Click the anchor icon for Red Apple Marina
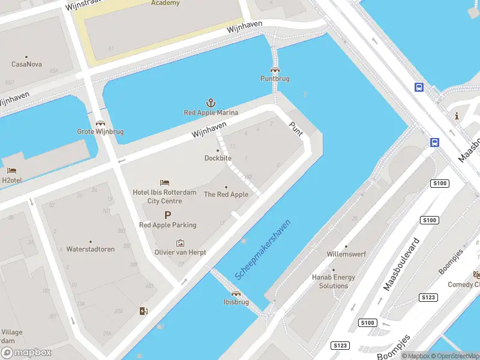click(211, 103)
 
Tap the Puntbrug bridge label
click(275, 79)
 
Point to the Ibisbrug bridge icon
click(236, 294)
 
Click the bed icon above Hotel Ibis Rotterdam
click(164, 182)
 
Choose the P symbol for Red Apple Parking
click(167, 215)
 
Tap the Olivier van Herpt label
click(180, 253)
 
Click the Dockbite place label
click(218, 158)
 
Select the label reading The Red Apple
click(226, 194)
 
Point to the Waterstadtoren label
click(91, 249)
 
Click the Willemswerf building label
click(346, 254)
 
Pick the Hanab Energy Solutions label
click(334, 281)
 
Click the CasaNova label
click(27, 64)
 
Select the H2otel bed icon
click(12, 170)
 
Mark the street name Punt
click(296, 128)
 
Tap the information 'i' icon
click(457, 116)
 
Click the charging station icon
click(143, 311)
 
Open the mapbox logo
click(26, 353)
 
